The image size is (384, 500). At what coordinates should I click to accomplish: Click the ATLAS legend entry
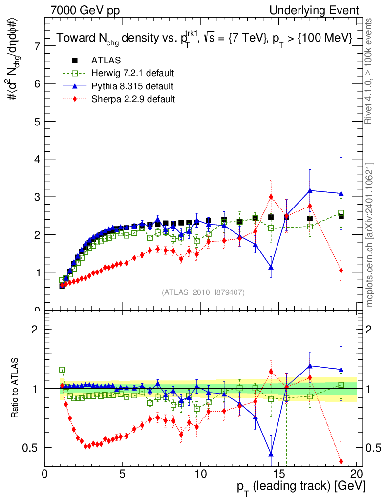click(x=106, y=61)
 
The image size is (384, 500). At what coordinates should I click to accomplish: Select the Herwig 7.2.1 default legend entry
click(x=132, y=73)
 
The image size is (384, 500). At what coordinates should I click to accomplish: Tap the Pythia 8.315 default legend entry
click(x=132, y=86)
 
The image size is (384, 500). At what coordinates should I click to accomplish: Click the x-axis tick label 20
click(x=357, y=474)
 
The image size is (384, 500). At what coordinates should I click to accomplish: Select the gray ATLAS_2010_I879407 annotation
click(x=203, y=292)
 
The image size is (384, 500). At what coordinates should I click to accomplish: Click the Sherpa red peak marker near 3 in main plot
click(x=271, y=197)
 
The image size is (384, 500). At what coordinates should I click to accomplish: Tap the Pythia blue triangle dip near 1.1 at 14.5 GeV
click(x=271, y=267)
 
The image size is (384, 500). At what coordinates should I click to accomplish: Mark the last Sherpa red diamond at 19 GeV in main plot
click(x=341, y=271)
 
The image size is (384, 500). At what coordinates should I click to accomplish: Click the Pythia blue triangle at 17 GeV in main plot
click(x=310, y=190)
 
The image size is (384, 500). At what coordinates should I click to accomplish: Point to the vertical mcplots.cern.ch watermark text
click(x=370, y=234)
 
